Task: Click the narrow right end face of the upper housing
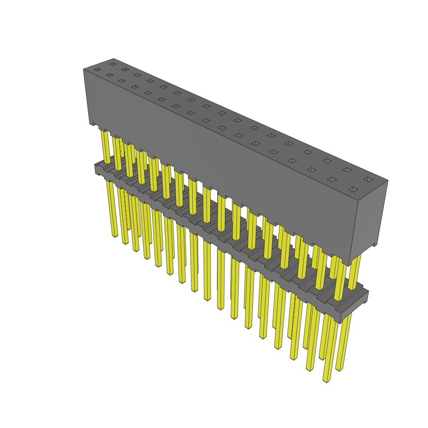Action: point(372,217)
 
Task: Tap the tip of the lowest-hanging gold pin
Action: point(326,380)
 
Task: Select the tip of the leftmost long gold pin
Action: point(115,235)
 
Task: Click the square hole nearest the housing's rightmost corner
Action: point(368,179)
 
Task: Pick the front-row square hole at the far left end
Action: point(97,69)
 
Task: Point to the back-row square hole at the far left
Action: point(112,64)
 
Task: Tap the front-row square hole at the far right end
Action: point(353,189)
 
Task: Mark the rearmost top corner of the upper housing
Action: point(114,59)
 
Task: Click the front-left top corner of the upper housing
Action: point(84,69)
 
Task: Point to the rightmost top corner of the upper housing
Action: point(387,181)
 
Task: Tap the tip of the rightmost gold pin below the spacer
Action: point(339,369)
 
